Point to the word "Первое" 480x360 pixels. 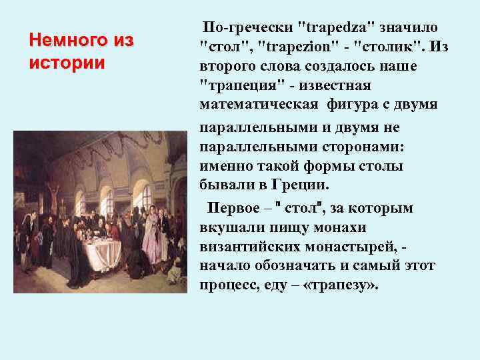[234, 208]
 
